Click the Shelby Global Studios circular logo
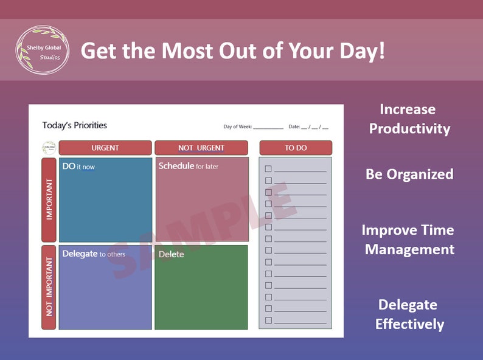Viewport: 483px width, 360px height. [42, 50]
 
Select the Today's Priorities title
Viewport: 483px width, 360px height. [74, 125]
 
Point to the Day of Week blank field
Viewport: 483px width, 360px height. [268, 127]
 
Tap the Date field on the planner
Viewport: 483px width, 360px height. [314, 127]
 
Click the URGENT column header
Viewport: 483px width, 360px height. [105, 148]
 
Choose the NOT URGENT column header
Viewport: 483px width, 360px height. [201, 148]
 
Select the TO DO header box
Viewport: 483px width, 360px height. [296, 148]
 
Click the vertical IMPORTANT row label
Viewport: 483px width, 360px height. [49, 199]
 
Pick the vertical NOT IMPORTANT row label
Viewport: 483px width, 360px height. [49, 287]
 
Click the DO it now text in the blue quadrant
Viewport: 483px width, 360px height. [78, 166]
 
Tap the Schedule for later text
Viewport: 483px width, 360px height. [188, 166]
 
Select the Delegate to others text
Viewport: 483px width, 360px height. [94, 254]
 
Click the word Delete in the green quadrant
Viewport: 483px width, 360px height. [171, 254]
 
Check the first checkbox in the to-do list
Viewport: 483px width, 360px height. [268, 168]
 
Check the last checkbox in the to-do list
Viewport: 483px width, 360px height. [268, 320]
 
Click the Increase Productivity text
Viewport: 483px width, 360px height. [409, 119]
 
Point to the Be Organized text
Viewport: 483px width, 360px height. [409, 175]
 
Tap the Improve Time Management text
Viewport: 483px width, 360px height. [409, 240]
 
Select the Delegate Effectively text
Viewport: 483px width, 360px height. [409, 314]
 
